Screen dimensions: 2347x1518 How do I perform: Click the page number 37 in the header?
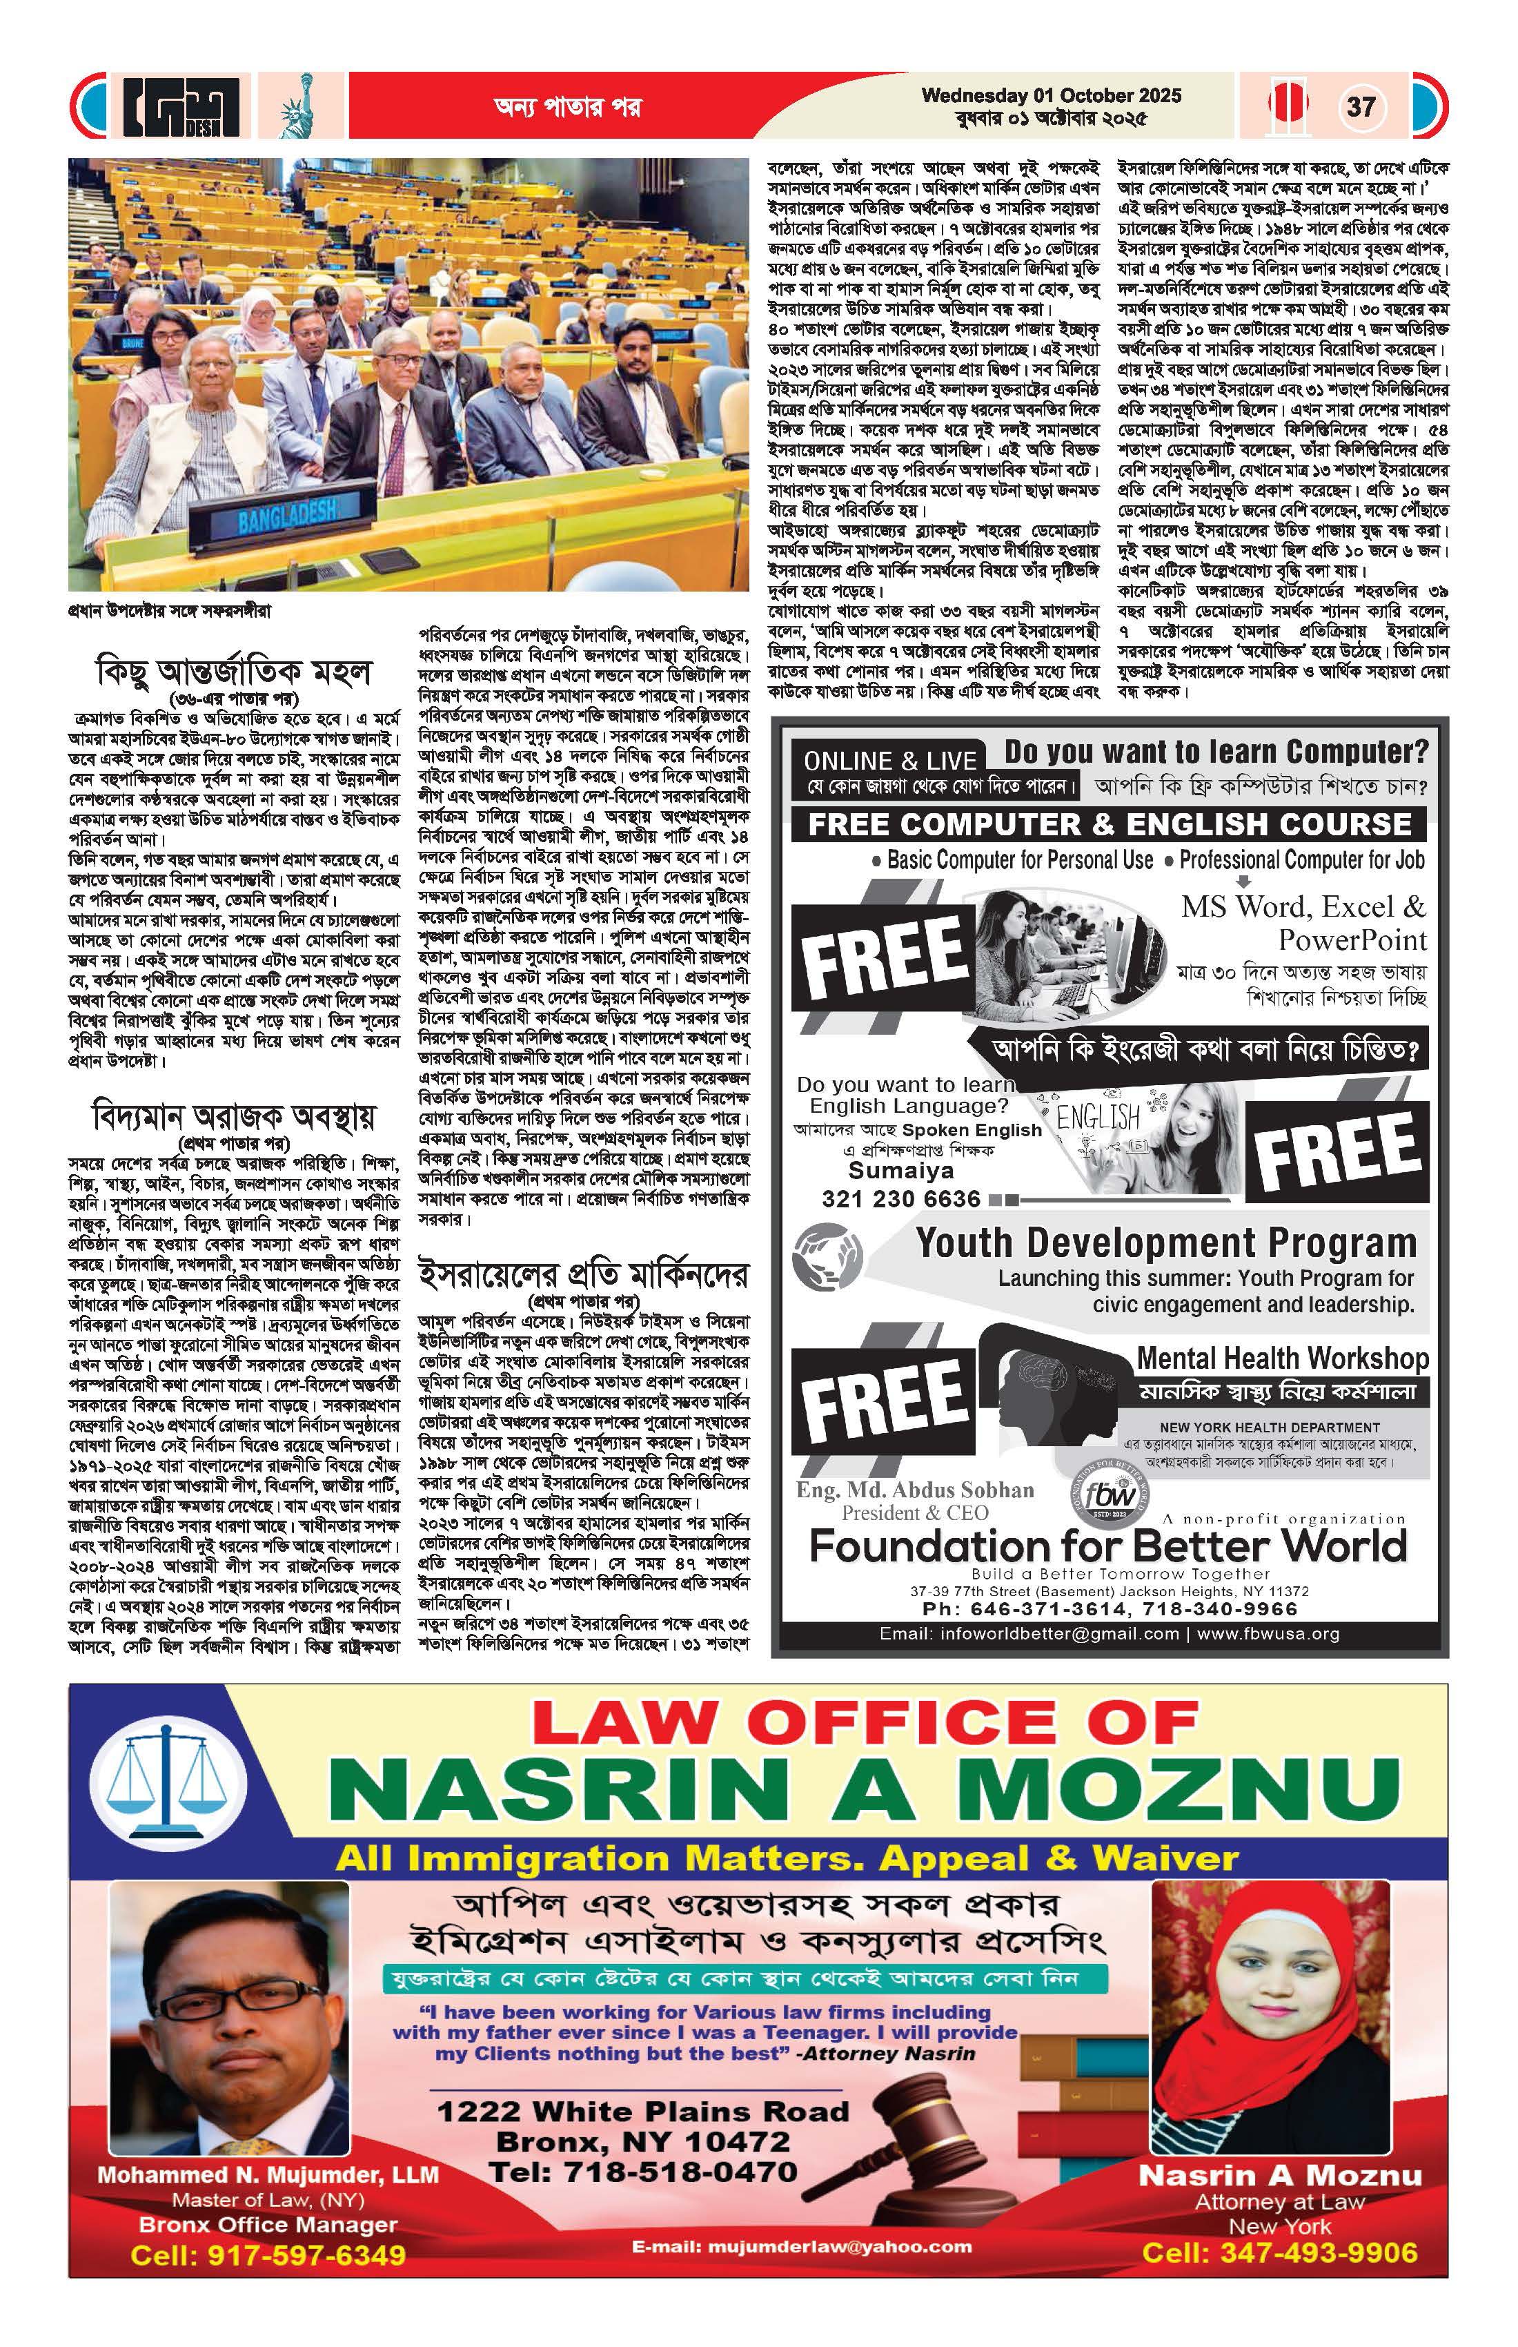pos(1360,106)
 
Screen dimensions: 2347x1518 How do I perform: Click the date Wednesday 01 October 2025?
pos(1051,96)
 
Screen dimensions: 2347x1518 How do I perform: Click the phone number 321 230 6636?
pos(901,1198)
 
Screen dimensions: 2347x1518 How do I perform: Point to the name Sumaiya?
pos(901,1171)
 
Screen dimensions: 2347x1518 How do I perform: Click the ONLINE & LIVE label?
pos(889,760)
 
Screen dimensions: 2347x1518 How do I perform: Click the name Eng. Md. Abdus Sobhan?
pos(916,1489)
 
